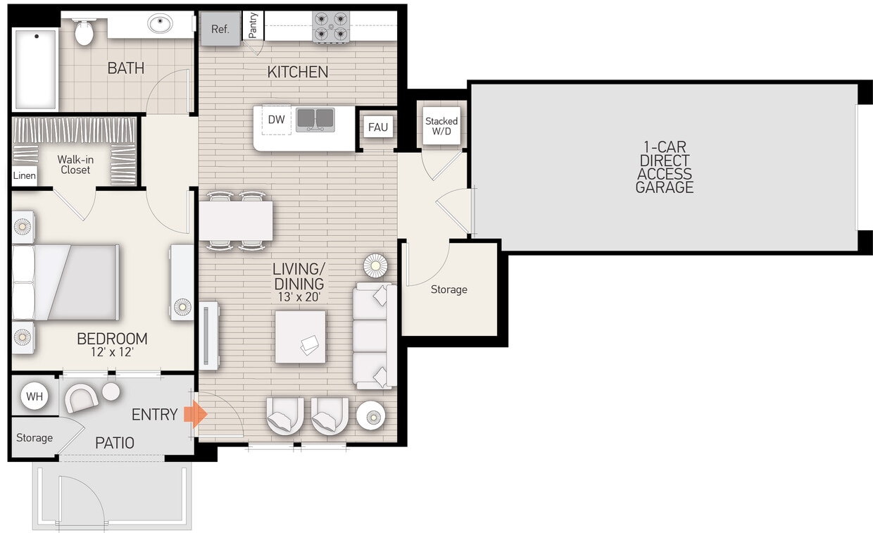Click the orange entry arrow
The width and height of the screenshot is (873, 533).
click(195, 415)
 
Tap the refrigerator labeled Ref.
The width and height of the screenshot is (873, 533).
click(220, 30)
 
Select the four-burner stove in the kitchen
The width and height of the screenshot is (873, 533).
click(331, 27)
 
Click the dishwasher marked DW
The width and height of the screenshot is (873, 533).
click(277, 120)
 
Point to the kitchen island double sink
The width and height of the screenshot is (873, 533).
click(315, 120)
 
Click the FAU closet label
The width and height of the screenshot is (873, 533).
click(378, 127)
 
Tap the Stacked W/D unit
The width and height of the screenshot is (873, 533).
click(441, 126)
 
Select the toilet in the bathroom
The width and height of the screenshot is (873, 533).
click(84, 32)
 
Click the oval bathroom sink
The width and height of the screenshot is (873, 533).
click(161, 24)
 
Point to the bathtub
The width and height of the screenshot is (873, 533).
click(35, 69)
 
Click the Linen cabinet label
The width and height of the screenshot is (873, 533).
click(25, 175)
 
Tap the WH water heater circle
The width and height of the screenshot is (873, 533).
click(34, 396)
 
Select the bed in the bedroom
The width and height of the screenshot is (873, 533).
click(67, 282)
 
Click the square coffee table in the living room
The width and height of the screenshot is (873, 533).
click(301, 337)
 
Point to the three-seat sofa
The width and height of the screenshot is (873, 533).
click(373, 336)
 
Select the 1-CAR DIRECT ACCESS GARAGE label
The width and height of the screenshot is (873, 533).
click(664, 167)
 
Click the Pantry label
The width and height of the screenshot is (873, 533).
click(253, 25)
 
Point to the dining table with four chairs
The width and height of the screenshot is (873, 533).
click(236, 221)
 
